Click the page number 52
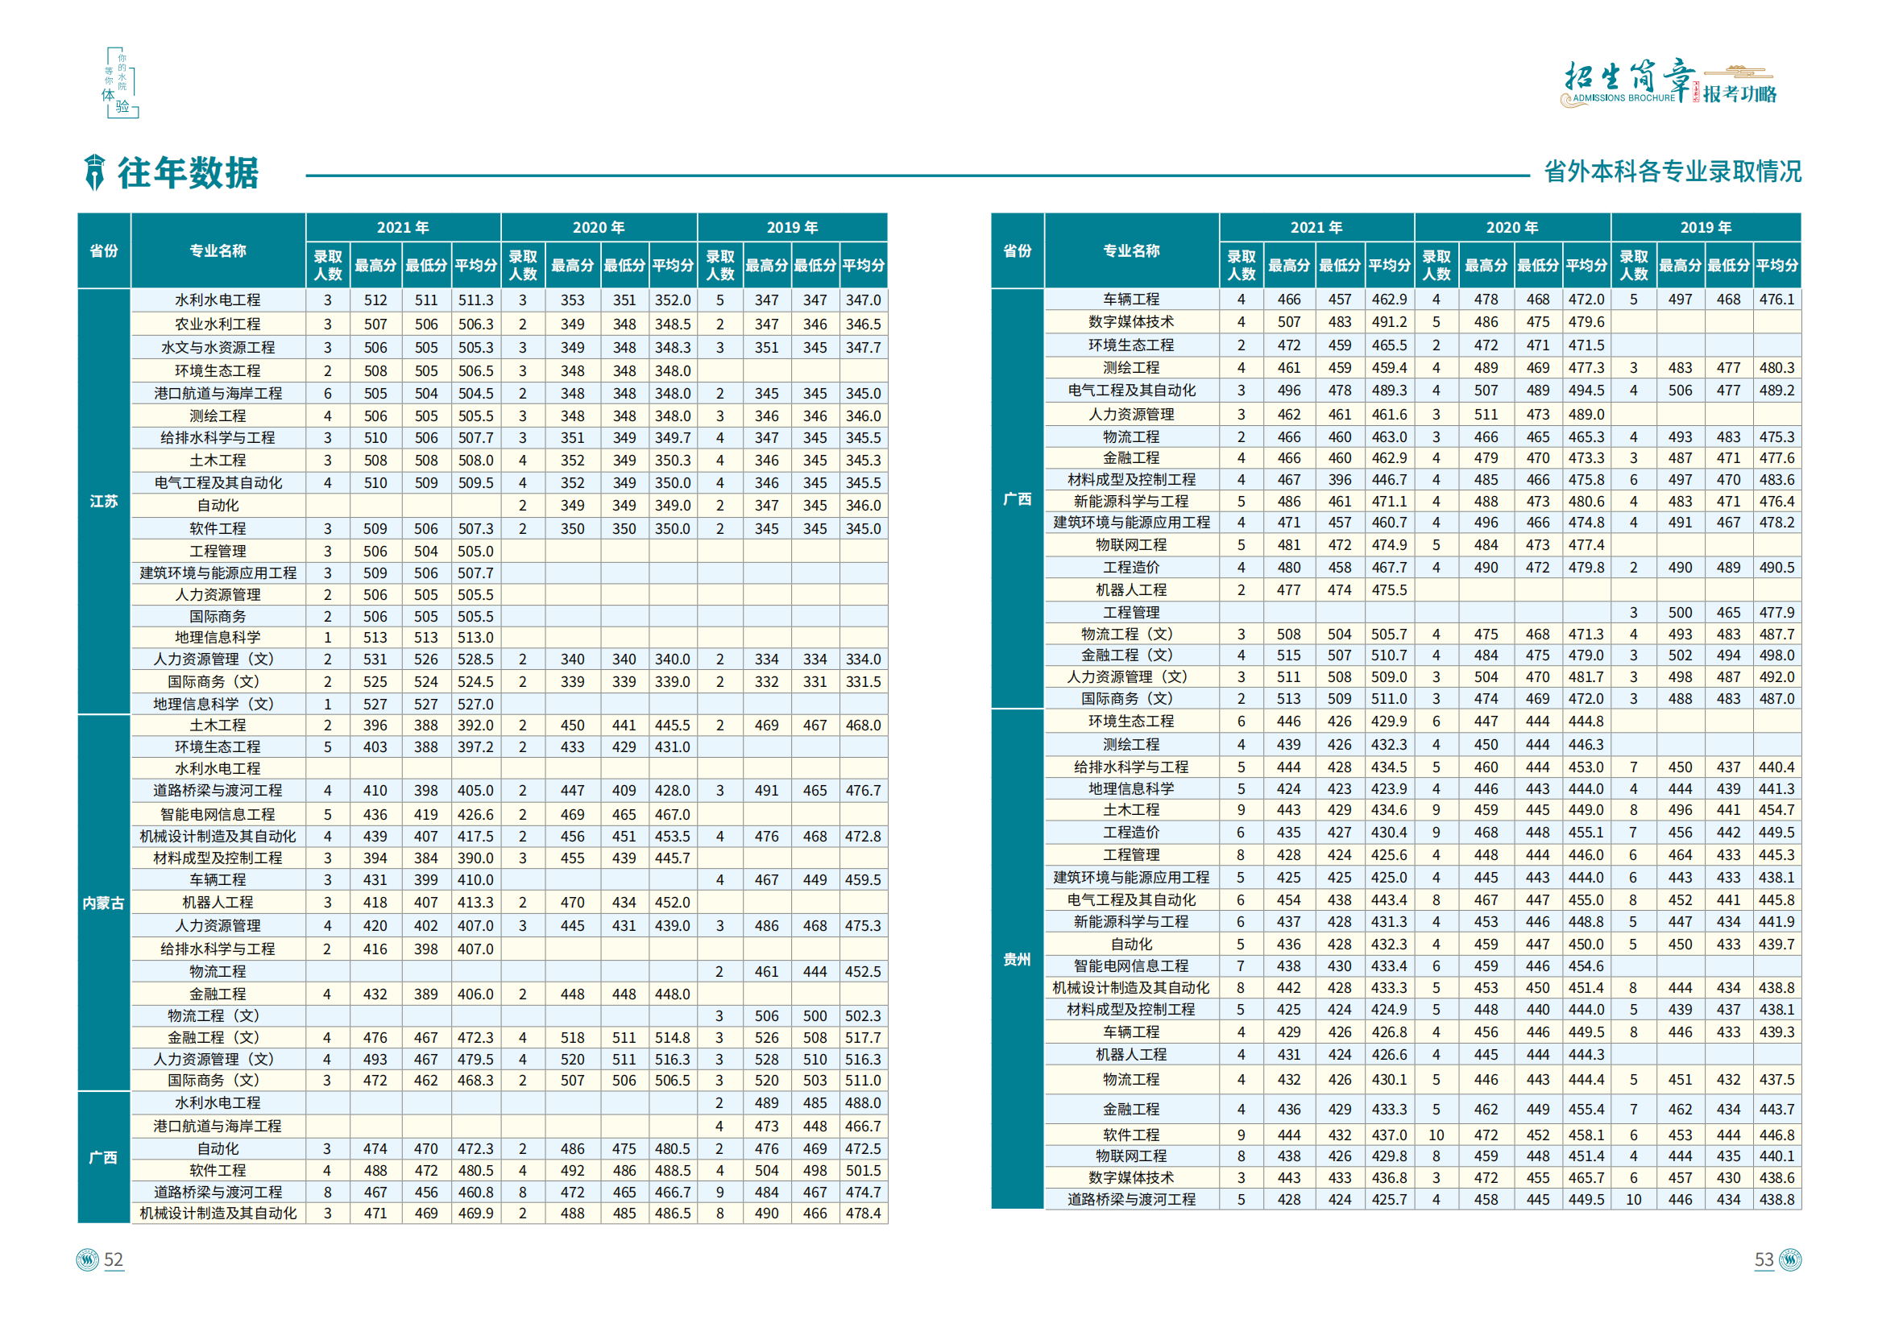pos(113,1259)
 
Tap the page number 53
pos(1764,1259)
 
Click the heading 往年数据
pos(189,173)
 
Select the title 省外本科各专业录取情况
pos(1672,172)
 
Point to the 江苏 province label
pos(104,502)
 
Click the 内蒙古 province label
pos(104,903)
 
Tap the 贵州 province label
pos(1017,959)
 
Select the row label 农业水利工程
pos(218,325)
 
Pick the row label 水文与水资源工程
pos(218,348)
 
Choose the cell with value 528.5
pos(475,659)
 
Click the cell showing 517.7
pos(863,1038)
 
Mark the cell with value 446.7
pos(1389,480)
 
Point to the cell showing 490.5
pos(1776,568)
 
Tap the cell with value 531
pos(375,659)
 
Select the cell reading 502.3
pos(863,1015)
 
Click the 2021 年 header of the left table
pos(403,227)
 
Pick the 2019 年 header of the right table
pos(1706,227)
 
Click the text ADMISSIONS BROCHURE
pos(1623,98)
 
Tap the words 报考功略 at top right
pos(1739,94)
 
